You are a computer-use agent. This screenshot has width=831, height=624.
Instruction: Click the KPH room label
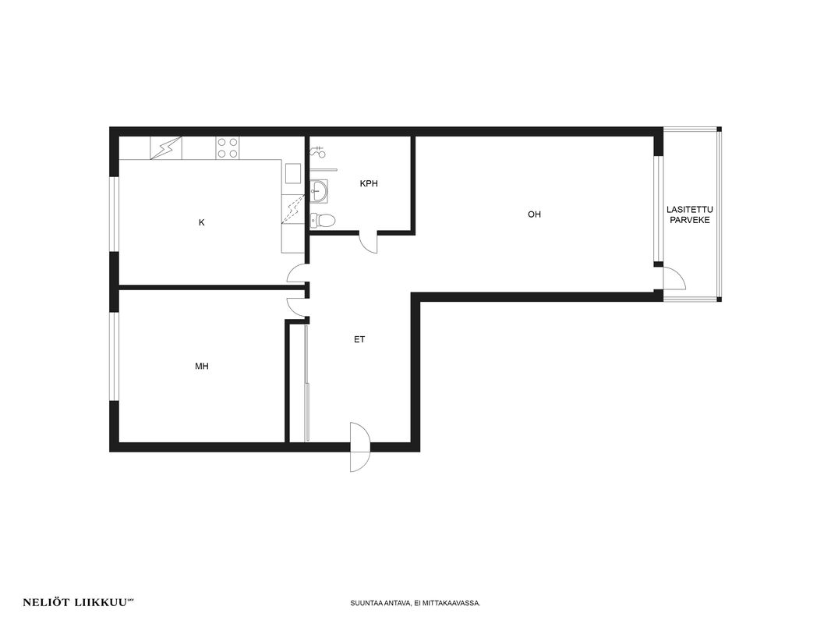click(369, 184)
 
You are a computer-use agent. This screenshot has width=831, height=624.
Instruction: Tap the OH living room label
click(534, 214)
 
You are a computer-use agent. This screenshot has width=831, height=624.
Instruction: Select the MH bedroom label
click(201, 366)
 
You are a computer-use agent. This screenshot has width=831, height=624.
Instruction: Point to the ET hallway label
click(359, 339)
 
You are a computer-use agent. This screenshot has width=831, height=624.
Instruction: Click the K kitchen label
click(201, 222)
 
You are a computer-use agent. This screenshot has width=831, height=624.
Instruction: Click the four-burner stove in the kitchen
click(228, 148)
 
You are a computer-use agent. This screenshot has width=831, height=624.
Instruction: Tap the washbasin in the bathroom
click(319, 191)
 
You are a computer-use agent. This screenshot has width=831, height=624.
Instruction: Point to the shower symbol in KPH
click(317, 151)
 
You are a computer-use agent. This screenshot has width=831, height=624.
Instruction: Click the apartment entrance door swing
click(359, 447)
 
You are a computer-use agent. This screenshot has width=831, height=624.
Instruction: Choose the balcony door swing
click(674, 278)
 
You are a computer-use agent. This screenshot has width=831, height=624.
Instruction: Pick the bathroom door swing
click(367, 243)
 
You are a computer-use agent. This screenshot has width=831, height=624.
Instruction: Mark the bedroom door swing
click(297, 307)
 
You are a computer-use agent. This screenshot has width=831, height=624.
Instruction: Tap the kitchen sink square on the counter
click(293, 173)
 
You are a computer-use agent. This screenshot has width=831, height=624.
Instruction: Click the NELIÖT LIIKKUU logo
click(78, 602)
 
